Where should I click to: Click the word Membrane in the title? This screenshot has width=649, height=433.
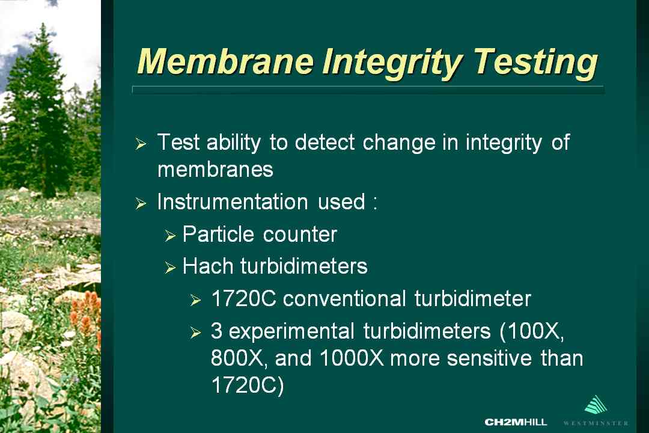pyautogui.click(x=225, y=62)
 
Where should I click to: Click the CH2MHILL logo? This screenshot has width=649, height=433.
pyautogui.click(x=516, y=422)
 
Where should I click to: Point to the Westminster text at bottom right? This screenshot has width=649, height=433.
pyautogui.click(x=596, y=423)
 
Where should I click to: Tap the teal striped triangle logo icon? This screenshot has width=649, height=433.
pyautogui.click(x=596, y=405)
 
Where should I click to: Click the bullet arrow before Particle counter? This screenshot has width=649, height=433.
pyautogui.click(x=170, y=236)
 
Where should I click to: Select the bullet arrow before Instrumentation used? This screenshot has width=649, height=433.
pyautogui.click(x=141, y=203)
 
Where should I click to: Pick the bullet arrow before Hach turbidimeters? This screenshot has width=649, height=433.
pyautogui.click(x=170, y=268)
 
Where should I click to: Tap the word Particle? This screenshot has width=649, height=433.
pyautogui.click(x=218, y=234)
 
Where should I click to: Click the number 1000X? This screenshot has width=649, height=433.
pyautogui.click(x=352, y=358)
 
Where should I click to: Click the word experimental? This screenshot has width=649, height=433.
pyautogui.click(x=291, y=331)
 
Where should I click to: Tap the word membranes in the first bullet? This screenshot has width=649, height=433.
pyautogui.click(x=215, y=170)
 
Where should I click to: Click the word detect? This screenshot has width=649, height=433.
pyautogui.click(x=325, y=142)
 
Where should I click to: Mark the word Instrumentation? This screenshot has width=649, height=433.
pyautogui.click(x=233, y=202)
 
